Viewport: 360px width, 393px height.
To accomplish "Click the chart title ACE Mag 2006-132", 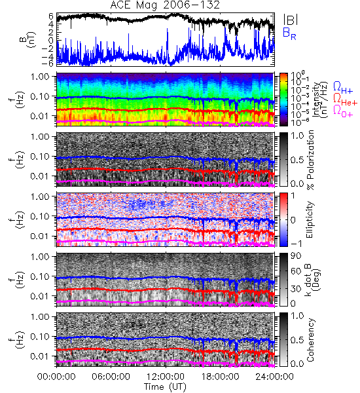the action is click(165, 5).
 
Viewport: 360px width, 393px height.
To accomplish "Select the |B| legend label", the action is click(291, 20).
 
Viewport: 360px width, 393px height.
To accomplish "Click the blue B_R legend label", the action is click(289, 33).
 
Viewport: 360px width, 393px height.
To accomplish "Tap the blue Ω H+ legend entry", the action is click(343, 88).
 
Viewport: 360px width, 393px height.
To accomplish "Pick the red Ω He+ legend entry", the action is click(345, 100).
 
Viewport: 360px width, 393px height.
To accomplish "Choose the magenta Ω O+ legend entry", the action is click(343, 111).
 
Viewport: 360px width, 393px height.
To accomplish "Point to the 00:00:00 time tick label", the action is click(56, 377).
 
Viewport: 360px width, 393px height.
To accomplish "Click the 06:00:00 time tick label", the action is click(111, 377).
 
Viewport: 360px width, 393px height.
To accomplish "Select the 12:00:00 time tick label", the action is click(166, 377).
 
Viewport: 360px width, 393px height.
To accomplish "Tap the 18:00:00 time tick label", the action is click(220, 377).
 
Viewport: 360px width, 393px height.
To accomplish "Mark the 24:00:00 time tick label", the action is click(274, 377).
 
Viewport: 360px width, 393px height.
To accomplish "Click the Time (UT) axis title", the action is click(166, 386).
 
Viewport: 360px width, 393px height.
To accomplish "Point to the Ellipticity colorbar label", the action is click(310, 219).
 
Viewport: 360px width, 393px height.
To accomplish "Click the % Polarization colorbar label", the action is click(310, 160).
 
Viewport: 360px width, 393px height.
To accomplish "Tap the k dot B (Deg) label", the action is click(312, 280).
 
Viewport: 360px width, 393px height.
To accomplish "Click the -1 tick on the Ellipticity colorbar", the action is click(297, 244).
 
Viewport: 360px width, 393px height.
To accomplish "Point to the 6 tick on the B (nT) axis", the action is click(51, 16).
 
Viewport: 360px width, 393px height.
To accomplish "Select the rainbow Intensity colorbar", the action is click(283, 100).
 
